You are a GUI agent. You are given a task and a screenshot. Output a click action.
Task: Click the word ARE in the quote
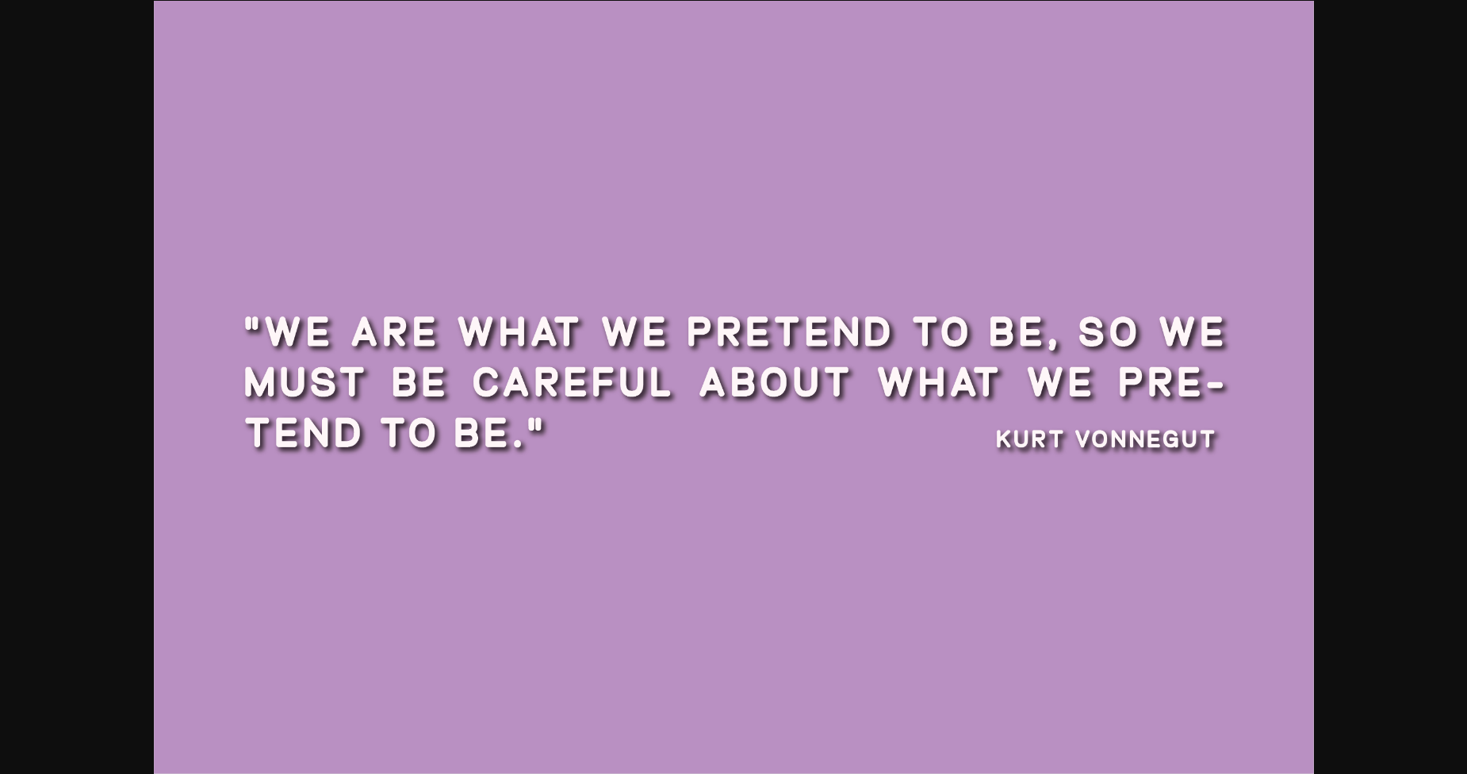pyautogui.click(x=394, y=331)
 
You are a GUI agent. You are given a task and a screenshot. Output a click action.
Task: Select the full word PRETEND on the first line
pyautogui.click(x=789, y=331)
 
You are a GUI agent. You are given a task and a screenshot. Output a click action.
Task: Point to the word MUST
pyautogui.click(x=305, y=382)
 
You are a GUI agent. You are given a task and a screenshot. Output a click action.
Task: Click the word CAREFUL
pyautogui.click(x=572, y=382)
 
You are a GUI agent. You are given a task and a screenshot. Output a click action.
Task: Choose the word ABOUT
pyautogui.click(x=775, y=382)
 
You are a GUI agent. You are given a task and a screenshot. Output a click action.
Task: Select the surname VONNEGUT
pyautogui.click(x=1145, y=439)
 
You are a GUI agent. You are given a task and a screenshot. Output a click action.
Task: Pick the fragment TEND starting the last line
pyautogui.click(x=305, y=433)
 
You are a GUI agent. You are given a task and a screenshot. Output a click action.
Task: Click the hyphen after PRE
pyautogui.click(x=1214, y=385)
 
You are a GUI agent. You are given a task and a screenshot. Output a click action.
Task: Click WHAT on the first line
pyautogui.click(x=519, y=331)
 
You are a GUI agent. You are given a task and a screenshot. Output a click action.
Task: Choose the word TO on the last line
pyautogui.click(x=409, y=433)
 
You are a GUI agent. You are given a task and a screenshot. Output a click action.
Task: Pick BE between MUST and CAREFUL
pyautogui.click(x=418, y=382)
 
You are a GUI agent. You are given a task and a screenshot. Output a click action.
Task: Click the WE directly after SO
pyautogui.click(x=1193, y=331)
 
